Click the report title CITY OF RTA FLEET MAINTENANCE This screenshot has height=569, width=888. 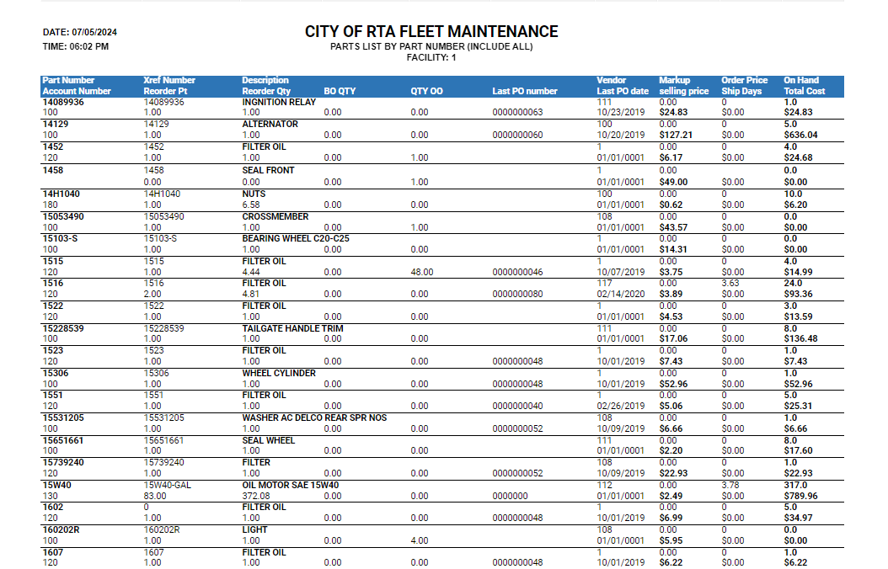431,32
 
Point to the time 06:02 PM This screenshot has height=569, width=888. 88,46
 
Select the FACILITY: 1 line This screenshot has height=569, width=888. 431,57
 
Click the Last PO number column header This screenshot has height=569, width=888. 525,91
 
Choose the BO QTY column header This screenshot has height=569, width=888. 340,91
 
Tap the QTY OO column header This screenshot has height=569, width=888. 426,91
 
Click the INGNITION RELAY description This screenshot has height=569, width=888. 279,102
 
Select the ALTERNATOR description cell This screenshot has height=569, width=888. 270,124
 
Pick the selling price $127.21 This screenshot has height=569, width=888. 676,135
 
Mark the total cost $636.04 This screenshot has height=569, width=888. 800,135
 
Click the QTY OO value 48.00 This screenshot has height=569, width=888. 422,272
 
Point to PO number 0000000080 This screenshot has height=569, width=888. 517,294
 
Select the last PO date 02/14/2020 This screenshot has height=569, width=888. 621,294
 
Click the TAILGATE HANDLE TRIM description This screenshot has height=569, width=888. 292,328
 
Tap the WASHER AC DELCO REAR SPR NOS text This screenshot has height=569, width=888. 314,417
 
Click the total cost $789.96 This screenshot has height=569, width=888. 800,496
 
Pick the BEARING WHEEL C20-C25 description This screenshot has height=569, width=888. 296,238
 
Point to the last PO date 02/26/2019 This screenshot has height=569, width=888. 621,406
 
